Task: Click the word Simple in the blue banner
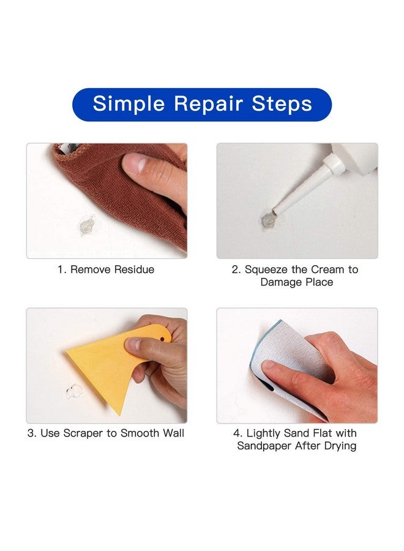tap(129, 103)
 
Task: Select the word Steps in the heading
tap(282, 103)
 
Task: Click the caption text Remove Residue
tap(112, 269)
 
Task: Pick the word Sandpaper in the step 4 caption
tap(265, 446)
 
